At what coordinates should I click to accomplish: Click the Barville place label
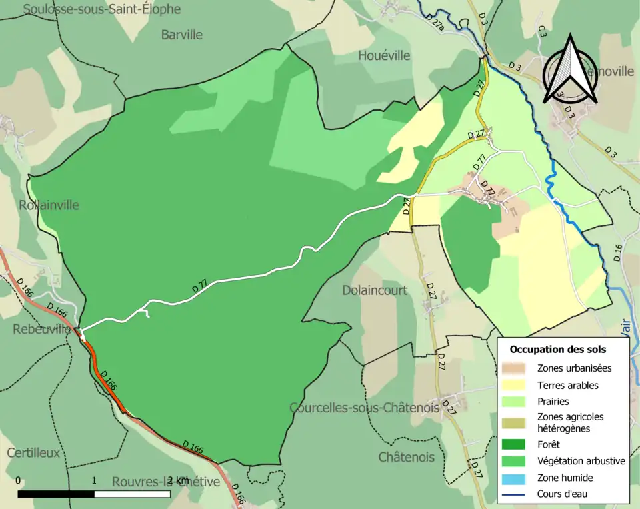pyautogui.click(x=181, y=35)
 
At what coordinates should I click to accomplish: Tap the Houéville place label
pyautogui.click(x=384, y=55)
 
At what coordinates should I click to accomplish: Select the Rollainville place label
pyautogui.click(x=49, y=205)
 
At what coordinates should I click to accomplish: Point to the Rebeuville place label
pyautogui.click(x=41, y=329)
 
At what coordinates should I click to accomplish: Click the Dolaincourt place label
pyautogui.click(x=374, y=290)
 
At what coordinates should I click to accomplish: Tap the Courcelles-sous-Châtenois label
pyautogui.click(x=364, y=407)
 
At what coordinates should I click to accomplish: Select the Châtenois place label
pyautogui.click(x=406, y=457)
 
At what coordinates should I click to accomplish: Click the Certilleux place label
pyautogui.click(x=33, y=452)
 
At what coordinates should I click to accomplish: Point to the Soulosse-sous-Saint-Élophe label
pyautogui.click(x=101, y=9)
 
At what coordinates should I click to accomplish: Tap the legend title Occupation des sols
pyautogui.click(x=557, y=349)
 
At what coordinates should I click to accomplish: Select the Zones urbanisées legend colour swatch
pyautogui.click(x=516, y=368)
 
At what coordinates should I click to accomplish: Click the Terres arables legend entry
pyautogui.click(x=567, y=385)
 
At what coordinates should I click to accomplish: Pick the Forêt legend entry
pyautogui.click(x=548, y=444)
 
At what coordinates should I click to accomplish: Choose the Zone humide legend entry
pyautogui.click(x=565, y=478)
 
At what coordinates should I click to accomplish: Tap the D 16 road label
pyautogui.click(x=617, y=252)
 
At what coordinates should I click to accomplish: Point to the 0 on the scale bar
pyautogui.click(x=17, y=480)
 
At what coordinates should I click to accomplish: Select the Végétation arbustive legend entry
pyautogui.click(x=581, y=460)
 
